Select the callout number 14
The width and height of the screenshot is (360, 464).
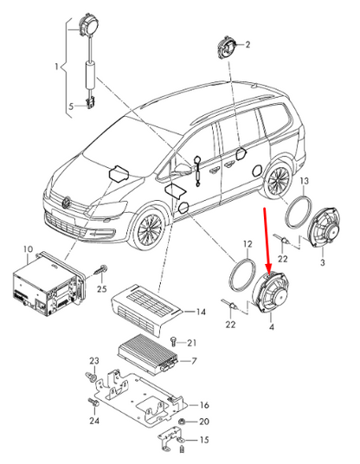click(201, 312)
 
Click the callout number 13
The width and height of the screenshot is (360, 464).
click(304, 183)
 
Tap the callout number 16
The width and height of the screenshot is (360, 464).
click(204, 404)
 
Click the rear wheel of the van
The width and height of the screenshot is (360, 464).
click(279, 183)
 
